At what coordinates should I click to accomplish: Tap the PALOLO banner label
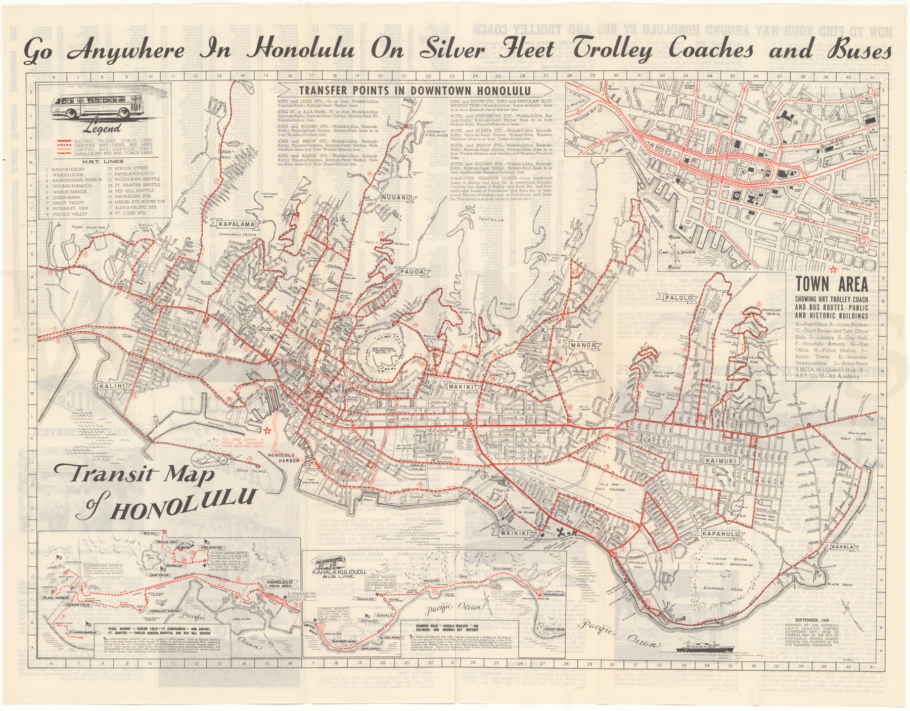click(x=677, y=298)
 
